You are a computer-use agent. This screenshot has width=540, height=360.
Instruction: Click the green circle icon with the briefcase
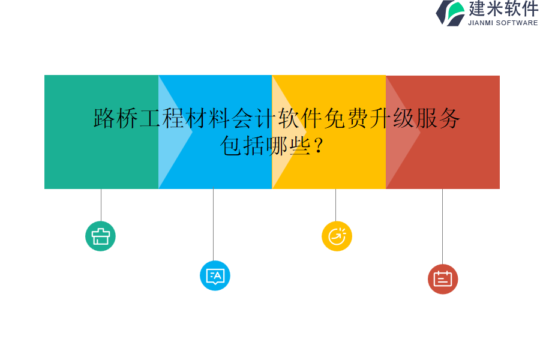click(x=100, y=236)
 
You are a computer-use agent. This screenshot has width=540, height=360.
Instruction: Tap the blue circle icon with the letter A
click(x=215, y=276)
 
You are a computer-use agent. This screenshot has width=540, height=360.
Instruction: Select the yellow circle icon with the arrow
click(x=337, y=236)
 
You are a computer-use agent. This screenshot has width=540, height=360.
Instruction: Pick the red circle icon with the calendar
click(x=443, y=279)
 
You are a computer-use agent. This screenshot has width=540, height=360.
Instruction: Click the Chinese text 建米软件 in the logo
click(x=503, y=9)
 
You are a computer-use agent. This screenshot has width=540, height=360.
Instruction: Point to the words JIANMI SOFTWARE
click(x=503, y=23)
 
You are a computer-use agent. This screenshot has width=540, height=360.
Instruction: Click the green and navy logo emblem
click(x=451, y=13)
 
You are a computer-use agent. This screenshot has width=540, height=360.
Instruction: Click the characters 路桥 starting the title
click(x=116, y=118)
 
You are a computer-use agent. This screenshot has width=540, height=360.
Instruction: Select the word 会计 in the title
click(x=254, y=118)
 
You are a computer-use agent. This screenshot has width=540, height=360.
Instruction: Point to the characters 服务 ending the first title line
click(x=438, y=118)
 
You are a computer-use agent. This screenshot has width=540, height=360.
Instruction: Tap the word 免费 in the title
click(x=346, y=118)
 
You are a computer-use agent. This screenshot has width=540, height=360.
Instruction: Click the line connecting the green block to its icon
click(x=101, y=205)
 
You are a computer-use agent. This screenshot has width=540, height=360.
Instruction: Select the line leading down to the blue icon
click(x=213, y=225)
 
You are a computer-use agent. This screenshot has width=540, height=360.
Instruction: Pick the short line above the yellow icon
click(x=335, y=205)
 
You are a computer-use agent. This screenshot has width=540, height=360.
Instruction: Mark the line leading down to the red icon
click(x=442, y=226)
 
